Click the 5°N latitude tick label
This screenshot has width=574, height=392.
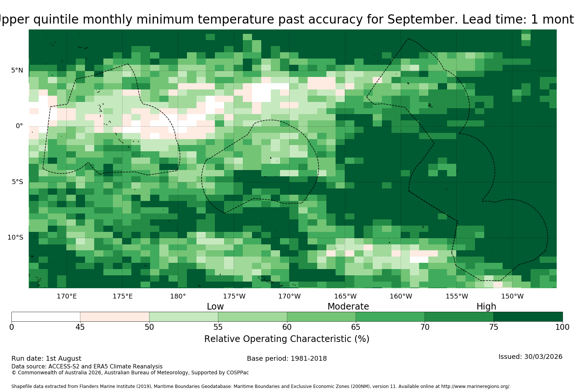pos(17,70)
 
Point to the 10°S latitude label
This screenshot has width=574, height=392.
pos(15,237)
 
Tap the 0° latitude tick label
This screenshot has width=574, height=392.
pos(19,126)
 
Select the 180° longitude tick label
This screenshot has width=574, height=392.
pos(178,296)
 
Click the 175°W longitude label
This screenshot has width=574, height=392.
pos(234,296)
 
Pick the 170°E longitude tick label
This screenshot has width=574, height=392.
pos(67,296)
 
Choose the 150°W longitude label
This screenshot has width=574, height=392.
pos(512,296)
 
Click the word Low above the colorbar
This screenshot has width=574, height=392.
pos(215,306)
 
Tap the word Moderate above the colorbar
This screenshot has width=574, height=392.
pos(348,306)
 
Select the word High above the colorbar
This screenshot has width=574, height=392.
pos(486,306)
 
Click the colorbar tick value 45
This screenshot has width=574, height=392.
pos(80,327)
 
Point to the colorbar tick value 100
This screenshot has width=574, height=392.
pos(562,327)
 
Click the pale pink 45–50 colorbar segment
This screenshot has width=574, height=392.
pos(115,317)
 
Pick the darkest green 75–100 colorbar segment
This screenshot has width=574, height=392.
pos(528,317)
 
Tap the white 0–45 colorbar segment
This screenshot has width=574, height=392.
pos(46,317)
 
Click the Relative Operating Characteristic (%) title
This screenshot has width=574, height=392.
pos(287,339)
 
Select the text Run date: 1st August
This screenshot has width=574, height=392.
pos(46,359)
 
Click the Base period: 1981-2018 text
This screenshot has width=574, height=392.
pos(287,359)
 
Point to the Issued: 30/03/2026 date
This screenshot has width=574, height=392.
pos(531,357)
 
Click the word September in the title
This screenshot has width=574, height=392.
pos(422,20)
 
